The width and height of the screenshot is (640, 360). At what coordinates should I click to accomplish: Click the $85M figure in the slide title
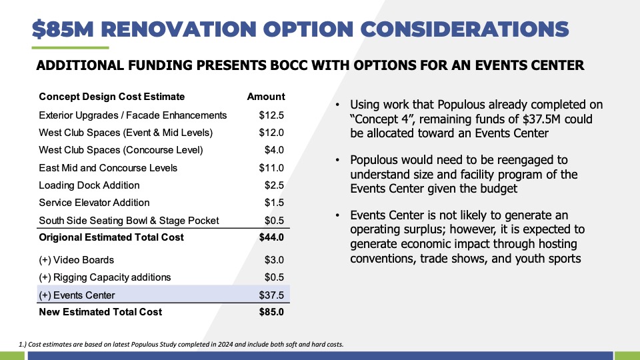coord(63,29)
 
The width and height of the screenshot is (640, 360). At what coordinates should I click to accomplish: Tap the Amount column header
coord(266,97)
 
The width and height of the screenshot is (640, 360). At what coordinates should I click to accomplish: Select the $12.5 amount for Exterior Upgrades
coord(271,115)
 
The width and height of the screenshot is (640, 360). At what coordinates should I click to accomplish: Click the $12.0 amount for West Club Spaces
coord(271,133)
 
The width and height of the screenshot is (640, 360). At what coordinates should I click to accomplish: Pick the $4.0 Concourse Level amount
coord(274,150)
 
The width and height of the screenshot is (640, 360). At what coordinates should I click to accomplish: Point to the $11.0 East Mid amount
coord(271,168)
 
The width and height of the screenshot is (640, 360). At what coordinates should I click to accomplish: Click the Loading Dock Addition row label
coord(89,185)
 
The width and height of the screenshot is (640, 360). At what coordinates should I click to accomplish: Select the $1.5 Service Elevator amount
coord(274,203)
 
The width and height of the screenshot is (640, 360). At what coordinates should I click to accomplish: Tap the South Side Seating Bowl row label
coord(129,221)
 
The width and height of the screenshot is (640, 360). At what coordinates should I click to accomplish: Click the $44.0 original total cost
coord(271,237)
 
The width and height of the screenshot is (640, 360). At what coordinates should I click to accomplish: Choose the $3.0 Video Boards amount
coord(274,260)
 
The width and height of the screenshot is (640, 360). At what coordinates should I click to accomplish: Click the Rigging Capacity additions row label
coord(105,277)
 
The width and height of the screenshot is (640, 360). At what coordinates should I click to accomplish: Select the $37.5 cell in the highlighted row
coord(271,295)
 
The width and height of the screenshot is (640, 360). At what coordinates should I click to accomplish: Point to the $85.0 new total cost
coord(271,312)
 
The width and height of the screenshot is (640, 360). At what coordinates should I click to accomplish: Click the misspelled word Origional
coord(59,237)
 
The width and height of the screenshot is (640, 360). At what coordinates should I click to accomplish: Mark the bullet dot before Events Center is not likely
coord(337,215)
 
